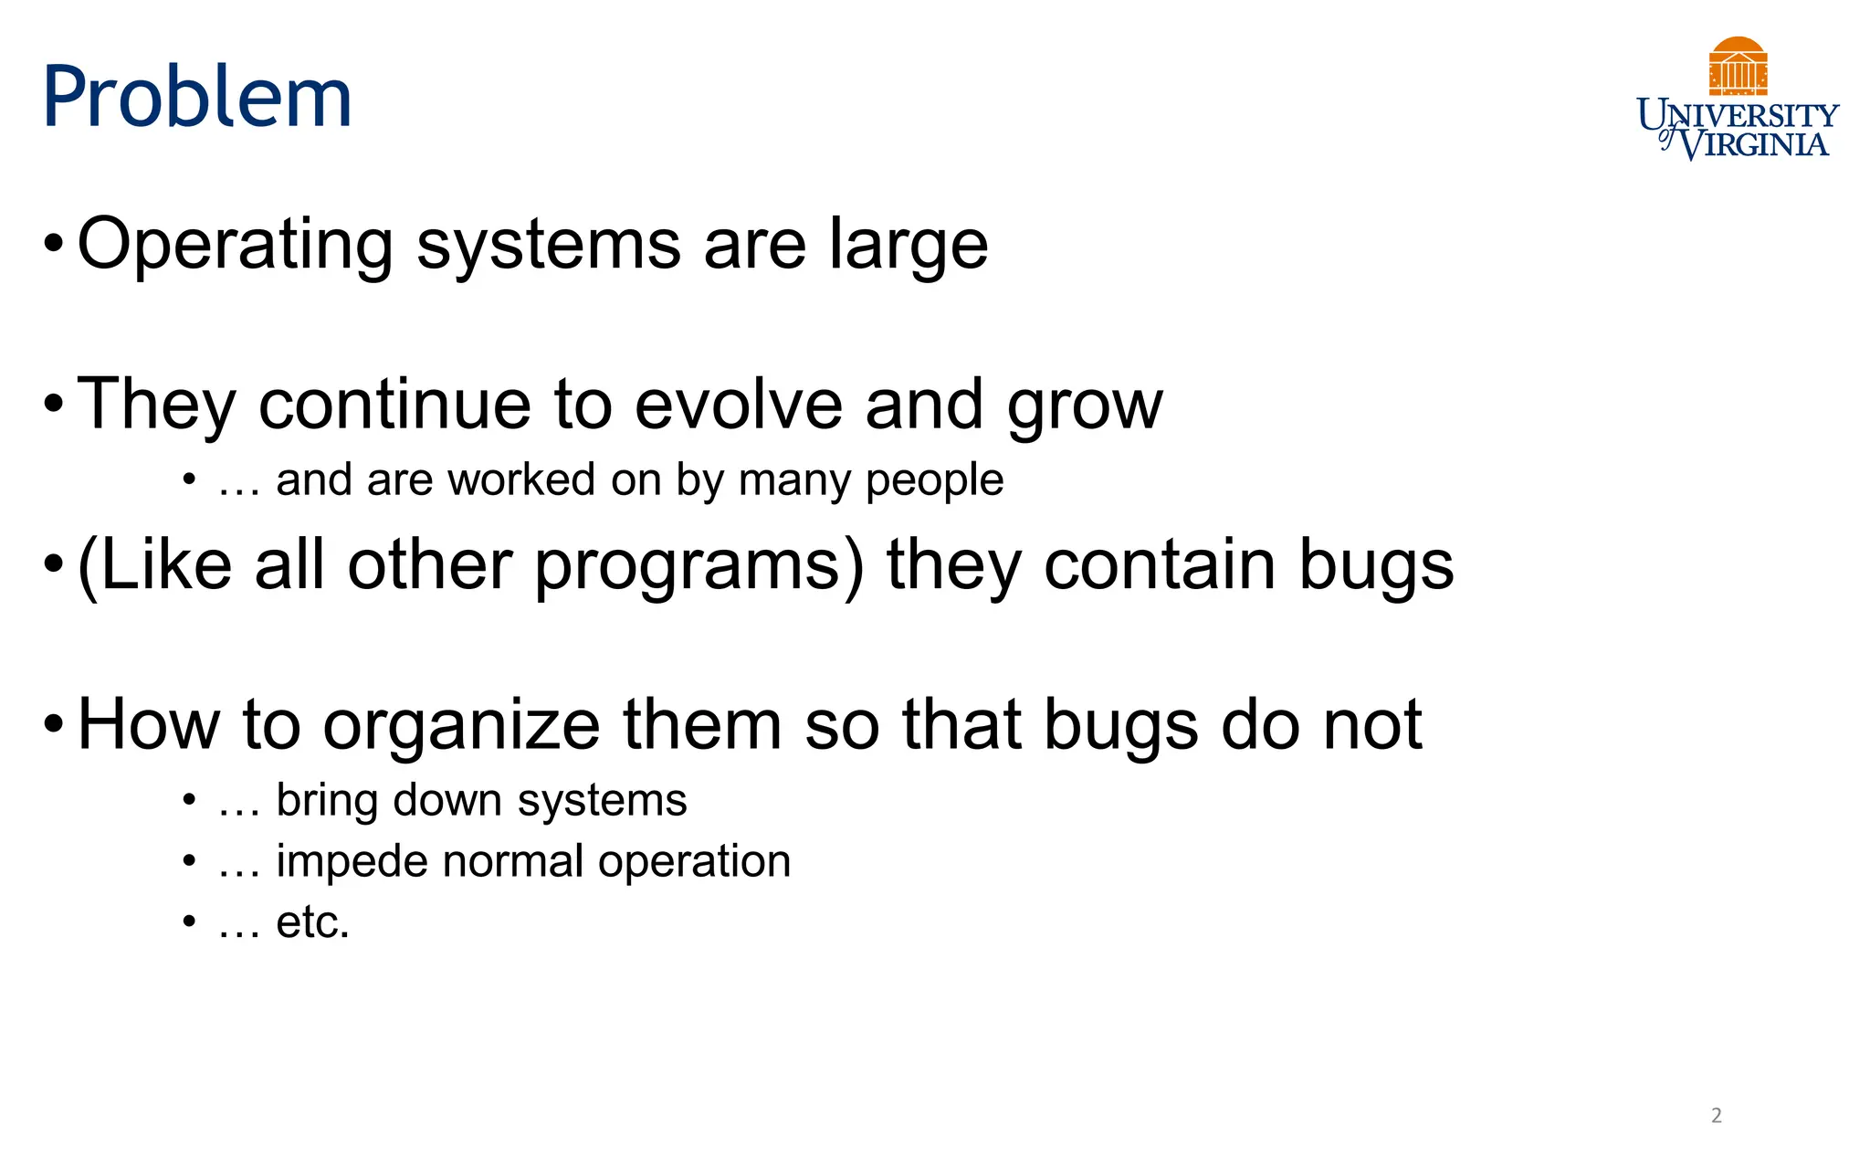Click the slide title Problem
[197, 97]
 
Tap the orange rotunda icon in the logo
[1738, 66]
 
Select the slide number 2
[1717, 1115]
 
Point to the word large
[909, 245]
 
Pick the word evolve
[739, 404]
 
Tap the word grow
[1085, 405]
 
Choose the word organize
[461, 725]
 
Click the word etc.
[313, 922]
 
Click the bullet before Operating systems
[54, 245]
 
